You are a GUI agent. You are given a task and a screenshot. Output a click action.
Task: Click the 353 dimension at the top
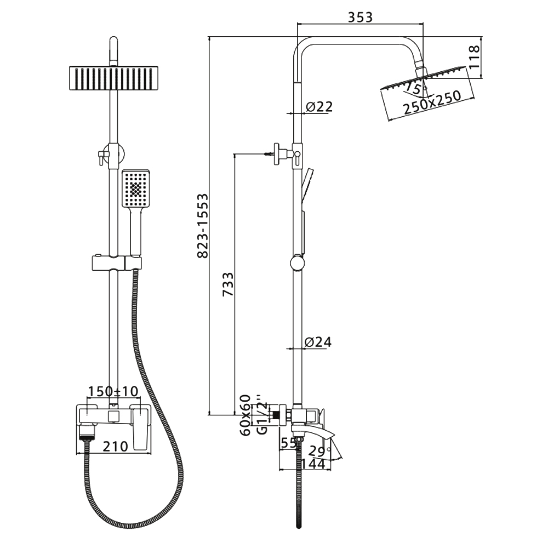(361, 17)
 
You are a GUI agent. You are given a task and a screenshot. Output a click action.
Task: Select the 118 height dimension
(474, 58)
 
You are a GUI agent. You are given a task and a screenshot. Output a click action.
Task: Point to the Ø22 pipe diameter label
(319, 107)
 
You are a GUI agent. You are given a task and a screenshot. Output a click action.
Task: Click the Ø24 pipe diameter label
(318, 342)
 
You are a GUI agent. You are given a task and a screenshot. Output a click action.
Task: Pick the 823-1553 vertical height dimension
(203, 226)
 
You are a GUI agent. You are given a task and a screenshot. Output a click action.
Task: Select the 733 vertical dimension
(228, 284)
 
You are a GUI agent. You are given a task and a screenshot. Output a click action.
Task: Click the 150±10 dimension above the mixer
(113, 391)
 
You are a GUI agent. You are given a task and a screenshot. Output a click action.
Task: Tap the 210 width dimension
(116, 446)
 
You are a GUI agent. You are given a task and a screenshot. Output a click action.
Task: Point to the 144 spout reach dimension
(313, 464)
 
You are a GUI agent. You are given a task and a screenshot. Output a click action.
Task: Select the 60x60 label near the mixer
(246, 415)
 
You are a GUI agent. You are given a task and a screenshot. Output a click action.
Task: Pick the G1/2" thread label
(262, 415)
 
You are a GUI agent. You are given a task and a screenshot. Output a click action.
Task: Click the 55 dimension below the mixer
(289, 443)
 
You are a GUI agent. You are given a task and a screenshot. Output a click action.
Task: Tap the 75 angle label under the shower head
(413, 88)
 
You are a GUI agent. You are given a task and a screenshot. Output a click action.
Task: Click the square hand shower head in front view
(135, 189)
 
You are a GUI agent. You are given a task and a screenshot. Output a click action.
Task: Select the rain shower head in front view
(113, 78)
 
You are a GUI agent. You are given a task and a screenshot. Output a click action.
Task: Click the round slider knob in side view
(298, 263)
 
